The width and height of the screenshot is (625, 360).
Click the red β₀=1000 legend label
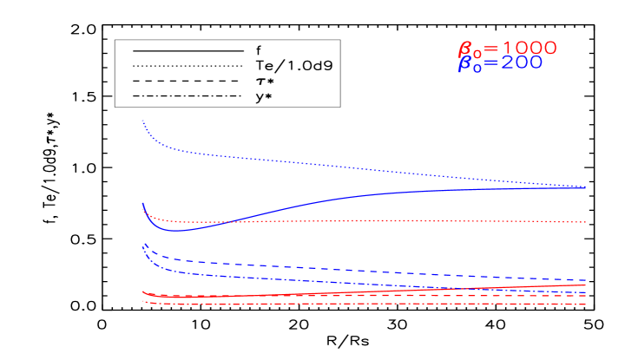(507, 49)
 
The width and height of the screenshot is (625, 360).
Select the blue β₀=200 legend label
(500, 63)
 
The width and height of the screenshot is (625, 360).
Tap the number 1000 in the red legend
(530, 48)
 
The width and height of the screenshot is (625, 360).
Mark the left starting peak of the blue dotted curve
(142, 120)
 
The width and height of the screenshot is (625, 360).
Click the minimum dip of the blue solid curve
(176, 231)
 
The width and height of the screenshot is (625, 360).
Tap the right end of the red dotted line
(587, 222)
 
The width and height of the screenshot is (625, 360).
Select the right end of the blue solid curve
(587, 187)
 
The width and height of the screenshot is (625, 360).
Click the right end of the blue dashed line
(587, 280)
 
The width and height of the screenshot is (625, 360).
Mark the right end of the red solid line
(587, 285)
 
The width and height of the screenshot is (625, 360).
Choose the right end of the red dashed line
(587, 297)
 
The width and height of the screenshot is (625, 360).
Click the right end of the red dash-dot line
(587, 304)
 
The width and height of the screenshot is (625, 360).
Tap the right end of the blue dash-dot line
(587, 292)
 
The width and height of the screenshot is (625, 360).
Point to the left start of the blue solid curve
(142, 203)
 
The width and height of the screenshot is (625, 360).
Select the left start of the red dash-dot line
(142, 300)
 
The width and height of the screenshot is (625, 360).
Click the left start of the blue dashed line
(142, 245)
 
